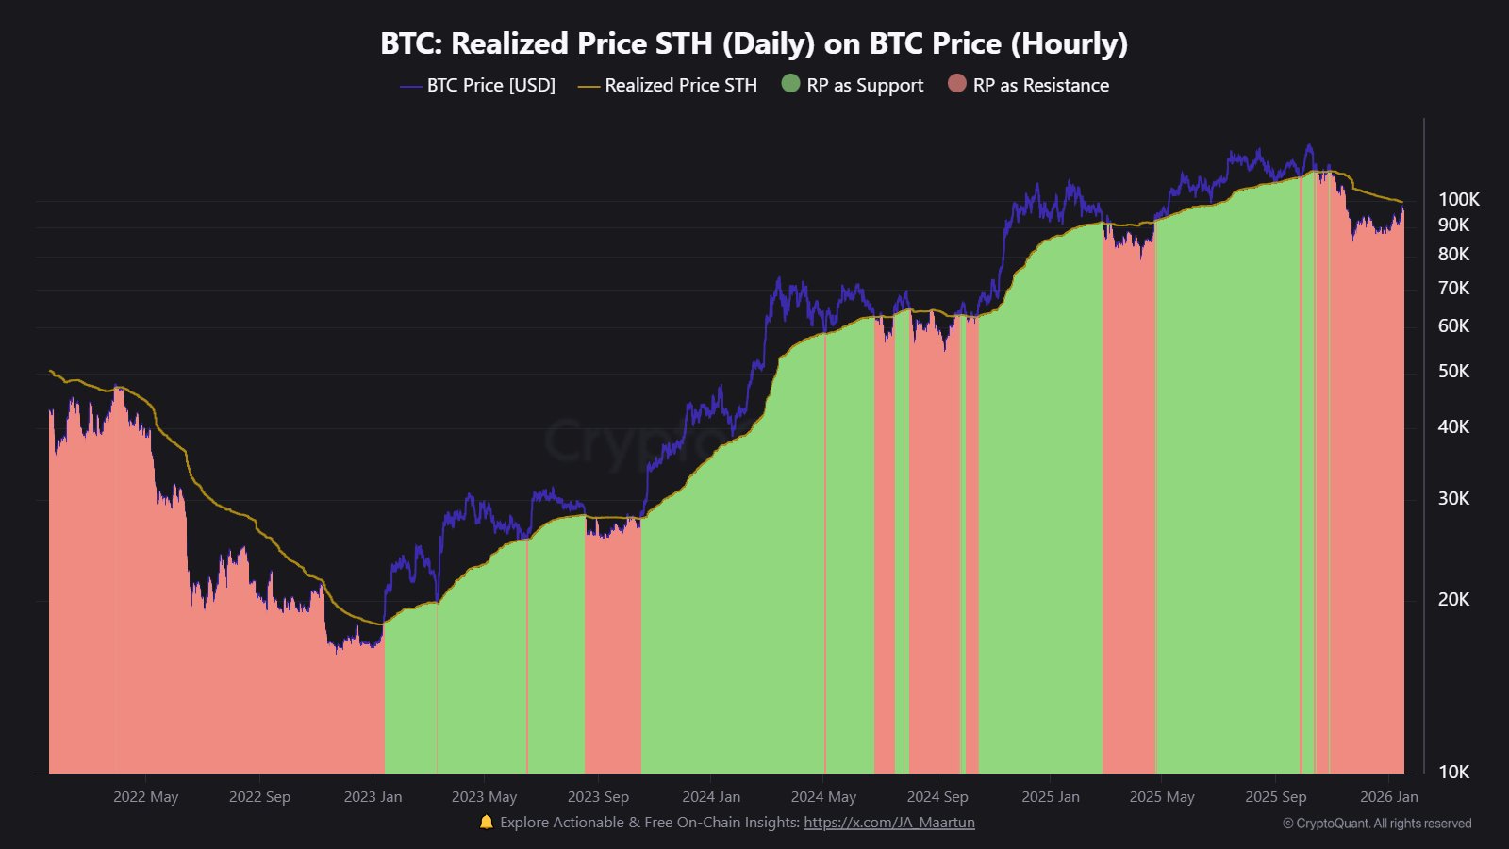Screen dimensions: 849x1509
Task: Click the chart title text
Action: (754, 43)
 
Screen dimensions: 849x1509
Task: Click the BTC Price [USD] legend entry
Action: (489, 85)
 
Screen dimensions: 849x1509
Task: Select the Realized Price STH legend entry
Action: (680, 85)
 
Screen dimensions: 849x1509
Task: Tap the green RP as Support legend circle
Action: (790, 84)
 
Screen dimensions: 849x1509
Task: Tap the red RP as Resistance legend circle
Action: (956, 84)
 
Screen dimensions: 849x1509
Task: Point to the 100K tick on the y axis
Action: (1458, 199)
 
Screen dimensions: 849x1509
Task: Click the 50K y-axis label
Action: (1453, 371)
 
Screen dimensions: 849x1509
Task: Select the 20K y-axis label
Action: (1453, 599)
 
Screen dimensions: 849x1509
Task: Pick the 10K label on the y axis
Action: (1453, 772)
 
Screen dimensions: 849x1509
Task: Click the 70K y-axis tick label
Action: (1453, 288)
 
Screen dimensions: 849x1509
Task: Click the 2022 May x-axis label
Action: (145, 796)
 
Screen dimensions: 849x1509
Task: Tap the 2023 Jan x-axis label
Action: (373, 796)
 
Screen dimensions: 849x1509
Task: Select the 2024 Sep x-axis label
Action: (937, 796)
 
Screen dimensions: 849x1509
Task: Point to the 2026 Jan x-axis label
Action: (1388, 796)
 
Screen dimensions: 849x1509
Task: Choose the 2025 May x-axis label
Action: (1162, 796)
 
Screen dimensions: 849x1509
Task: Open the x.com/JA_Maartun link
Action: (888, 822)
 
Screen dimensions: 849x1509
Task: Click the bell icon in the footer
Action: (486, 822)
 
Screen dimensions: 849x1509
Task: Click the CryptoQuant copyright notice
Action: (1377, 824)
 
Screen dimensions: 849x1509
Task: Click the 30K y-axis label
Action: (1453, 498)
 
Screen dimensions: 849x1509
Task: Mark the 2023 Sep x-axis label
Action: (598, 796)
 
